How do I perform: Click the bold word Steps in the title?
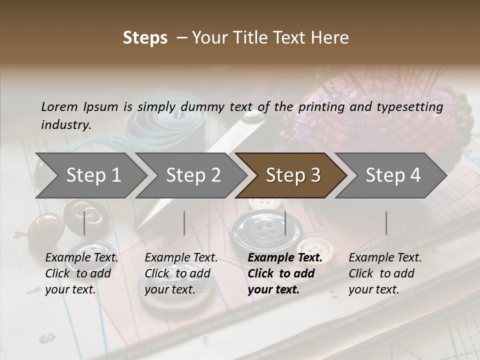[145, 38]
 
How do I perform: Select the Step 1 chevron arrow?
[90, 175]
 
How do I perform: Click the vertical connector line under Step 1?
[84, 223]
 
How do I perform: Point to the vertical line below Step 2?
[184, 223]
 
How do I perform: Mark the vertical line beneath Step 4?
[386, 223]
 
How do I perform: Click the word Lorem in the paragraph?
[59, 106]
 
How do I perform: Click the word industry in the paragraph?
[65, 125]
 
